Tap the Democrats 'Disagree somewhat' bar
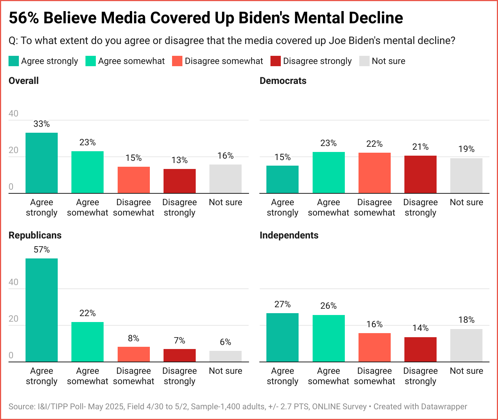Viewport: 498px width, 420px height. pyautogui.click(x=374, y=173)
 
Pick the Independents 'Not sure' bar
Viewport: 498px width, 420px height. pyautogui.click(x=466, y=345)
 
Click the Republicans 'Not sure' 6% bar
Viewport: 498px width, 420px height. pyautogui.click(x=225, y=356)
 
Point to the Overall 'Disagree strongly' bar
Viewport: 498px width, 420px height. pyautogui.click(x=179, y=181)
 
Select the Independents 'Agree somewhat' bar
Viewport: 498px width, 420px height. pyautogui.click(x=329, y=338)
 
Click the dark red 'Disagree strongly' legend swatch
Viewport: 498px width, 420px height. pyautogui.click(x=276, y=61)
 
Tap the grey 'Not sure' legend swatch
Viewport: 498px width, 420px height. pyautogui.click(x=364, y=61)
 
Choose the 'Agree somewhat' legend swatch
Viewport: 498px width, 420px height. pyautogui.click(x=91, y=61)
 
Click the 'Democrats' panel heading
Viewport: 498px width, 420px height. pyautogui.click(x=283, y=81)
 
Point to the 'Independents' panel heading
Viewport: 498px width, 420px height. pyautogui.click(x=289, y=235)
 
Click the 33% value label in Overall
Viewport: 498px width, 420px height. pyautogui.click(x=41, y=124)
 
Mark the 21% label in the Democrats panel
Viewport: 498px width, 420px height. pyautogui.click(x=420, y=147)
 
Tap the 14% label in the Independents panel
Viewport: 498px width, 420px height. pyautogui.click(x=420, y=328)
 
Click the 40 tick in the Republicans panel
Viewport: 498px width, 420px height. pyautogui.click(x=13, y=282)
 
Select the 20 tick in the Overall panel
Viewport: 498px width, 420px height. pyautogui.click(x=13, y=150)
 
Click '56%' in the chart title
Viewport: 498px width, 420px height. pyautogui.click(x=24, y=18)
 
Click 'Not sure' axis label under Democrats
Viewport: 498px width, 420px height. pyautogui.click(x=466, y=202)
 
